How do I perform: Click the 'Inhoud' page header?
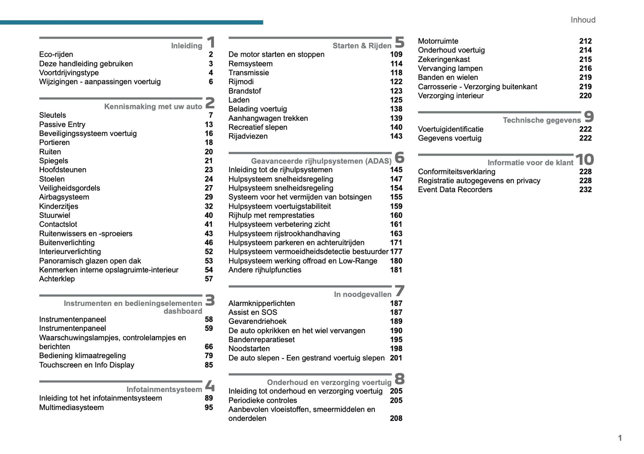click(582, 20)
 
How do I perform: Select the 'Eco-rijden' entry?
click(56, 54)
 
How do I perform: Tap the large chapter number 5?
click(399, 42)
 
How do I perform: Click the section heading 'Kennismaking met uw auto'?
click(153, 107)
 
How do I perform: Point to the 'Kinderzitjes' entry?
click(58, 206)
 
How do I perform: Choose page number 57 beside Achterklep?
click(209, 279)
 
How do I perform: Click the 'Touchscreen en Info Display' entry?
click(86, 365)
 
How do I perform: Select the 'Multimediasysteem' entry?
click(71, 407)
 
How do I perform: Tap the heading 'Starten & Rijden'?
click(362, 45)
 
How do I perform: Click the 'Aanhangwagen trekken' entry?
click(268, 118)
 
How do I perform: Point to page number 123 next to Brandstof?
click(396, 91)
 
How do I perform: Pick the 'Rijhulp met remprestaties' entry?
click(271, 215)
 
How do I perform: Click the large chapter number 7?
click(399, 291)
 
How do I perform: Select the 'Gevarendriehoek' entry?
click(257, 321)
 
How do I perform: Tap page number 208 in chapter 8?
click(396, 418)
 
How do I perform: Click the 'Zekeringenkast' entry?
click(443, 59)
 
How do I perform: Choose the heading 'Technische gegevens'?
click(541, 120)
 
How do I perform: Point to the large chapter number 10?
click(584, 159)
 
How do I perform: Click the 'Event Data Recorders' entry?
click(455, 190)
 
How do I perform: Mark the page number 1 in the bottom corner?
click(619, 438)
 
